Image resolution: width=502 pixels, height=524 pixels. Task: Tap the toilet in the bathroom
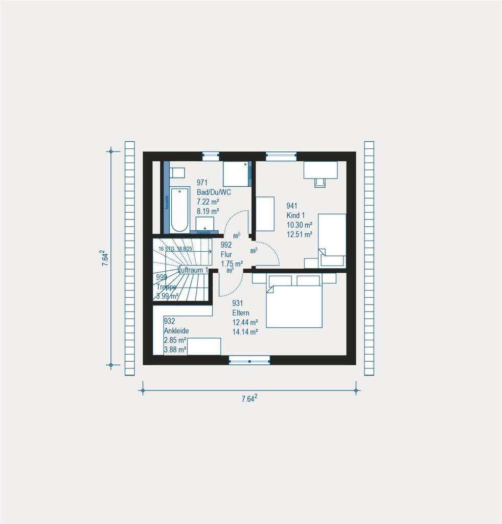tap(177, 172)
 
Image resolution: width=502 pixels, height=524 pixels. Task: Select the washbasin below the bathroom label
tap(205, 223)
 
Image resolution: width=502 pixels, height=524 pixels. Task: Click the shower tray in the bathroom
tap(235, 174)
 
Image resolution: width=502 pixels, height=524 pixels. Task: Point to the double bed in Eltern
tap(294, 305)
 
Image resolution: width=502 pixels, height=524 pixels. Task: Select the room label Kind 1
tap(296, 215)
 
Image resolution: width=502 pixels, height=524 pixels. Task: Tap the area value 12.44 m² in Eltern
tap(245, 322)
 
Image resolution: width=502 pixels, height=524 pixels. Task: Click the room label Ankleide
tap(176, 331)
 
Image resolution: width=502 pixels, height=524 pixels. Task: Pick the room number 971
tap(202, 183)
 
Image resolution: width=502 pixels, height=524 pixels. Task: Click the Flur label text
tap(226, 254)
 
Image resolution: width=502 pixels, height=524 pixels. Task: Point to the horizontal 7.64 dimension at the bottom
tap(249, 399)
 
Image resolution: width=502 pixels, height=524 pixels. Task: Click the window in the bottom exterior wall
tap(249, 360)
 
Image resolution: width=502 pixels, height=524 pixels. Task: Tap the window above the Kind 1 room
tap(281, 156)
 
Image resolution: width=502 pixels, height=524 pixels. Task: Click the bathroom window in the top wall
tap(211, 156)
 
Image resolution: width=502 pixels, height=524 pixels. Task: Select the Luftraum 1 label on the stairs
tap(193, 269)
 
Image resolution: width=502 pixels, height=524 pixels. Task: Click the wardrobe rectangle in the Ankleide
tap(203, 346)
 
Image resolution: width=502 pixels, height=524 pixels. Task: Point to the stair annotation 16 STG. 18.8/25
tap(175, 249)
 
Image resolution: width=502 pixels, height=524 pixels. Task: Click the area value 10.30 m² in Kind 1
tap(300, 225)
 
